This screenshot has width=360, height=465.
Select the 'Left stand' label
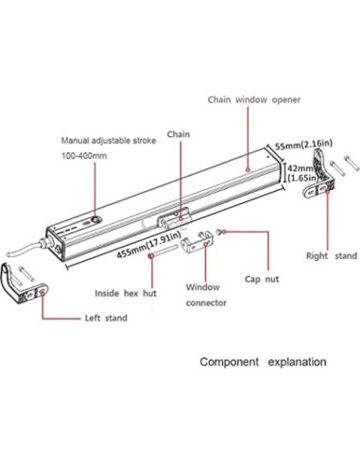[103, 319]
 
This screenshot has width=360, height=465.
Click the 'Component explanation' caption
[262, 361]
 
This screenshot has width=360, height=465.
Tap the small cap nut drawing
[220, 232]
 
